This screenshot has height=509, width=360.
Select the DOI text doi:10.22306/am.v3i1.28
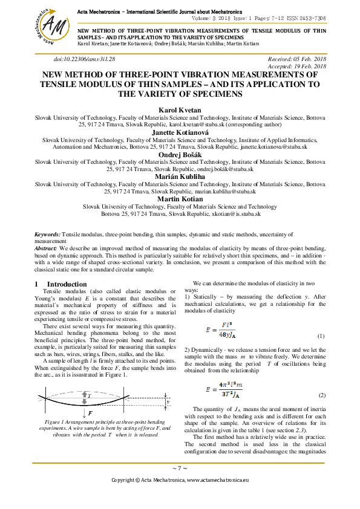click(x=84, y=59)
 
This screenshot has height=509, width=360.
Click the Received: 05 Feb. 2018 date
click(x=296, y=59)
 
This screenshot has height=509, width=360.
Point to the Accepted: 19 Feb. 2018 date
click(x=297, y=66)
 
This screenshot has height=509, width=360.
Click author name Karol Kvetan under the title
click(x=180, y=110)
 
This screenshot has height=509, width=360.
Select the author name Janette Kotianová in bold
click(x=180, y=132)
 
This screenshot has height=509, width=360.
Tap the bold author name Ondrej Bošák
click(x=180, y=155)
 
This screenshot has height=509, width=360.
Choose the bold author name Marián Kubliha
click(x=180, y=177)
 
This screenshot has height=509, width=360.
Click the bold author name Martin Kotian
click(x=180, y=199)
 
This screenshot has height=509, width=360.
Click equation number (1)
click(x=321, y=336)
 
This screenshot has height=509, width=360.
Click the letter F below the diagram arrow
click(x=90, y=413)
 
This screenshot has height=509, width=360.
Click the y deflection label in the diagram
click(x=168, y=400)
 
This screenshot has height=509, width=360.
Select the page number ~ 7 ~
click(x=180, y=468)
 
